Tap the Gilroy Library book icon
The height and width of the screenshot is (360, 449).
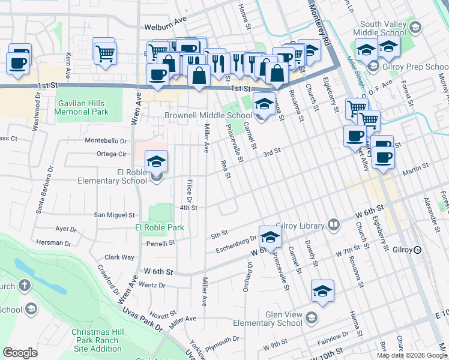coord(334,226)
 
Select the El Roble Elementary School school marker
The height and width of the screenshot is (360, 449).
coord(157,162)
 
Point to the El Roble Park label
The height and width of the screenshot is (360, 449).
coord(159,227)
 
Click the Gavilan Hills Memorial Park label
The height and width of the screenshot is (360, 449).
coord(82,107)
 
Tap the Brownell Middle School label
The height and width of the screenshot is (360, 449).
coord(208,115)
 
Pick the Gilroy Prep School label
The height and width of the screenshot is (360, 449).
coord(414,67)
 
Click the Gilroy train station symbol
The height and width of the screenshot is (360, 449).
coord(417,250)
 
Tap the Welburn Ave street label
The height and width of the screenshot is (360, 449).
coord(166,27)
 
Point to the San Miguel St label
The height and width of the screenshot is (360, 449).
coord(114,214)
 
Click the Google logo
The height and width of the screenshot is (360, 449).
coord(20,353)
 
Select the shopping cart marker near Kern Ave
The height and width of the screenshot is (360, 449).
coord(104,52)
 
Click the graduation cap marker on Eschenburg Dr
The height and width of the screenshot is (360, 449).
coord(270,237)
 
